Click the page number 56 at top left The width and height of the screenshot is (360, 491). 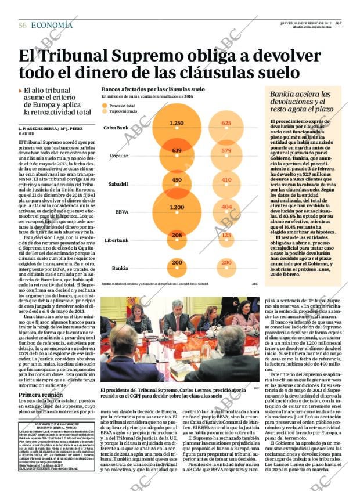[23, 26]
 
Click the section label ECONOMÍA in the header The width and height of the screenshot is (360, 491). [52, 25]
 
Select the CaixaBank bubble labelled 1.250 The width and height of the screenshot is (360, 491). [177, 123]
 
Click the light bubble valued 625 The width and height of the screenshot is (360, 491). [226, 123]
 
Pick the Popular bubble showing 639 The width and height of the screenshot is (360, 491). [177, 151]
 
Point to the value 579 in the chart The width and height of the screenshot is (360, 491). [226, 151]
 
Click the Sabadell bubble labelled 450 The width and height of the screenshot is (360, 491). [177, 180]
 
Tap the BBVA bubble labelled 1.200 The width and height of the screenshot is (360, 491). [177, 207]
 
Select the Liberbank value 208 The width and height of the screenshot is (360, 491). [177, 235]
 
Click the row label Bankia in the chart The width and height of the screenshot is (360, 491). [120, 268]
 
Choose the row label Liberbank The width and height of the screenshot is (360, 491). [116, 240]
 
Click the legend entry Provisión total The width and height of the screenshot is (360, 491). [121, 106]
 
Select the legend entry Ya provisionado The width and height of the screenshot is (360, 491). [123, 111]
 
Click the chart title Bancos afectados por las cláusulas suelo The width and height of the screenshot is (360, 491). [153, 90]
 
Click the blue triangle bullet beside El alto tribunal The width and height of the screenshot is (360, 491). [20, 91]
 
